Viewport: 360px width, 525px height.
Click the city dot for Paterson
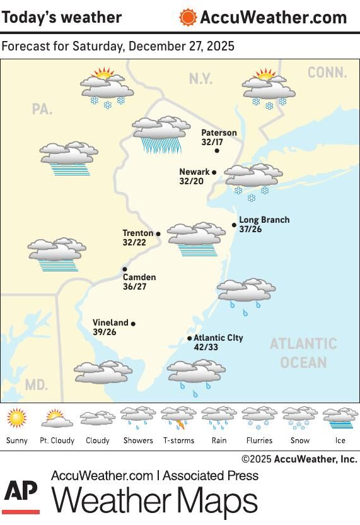click(x=217, y=150)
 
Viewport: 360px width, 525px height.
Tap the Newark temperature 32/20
click(x=191, y=181)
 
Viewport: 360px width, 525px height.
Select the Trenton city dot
click(x=158, y=233)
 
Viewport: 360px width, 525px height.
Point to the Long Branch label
click(x=264, y=220)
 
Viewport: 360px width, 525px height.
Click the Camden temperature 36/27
click(x=134, y=286)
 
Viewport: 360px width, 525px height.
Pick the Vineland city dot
click(x=133, y=324)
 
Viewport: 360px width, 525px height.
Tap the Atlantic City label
click(x=218, y=338)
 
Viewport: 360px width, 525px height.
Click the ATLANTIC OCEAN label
click(x=303, y=353)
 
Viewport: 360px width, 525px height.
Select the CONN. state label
click(x=327, y=73)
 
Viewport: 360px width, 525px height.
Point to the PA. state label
click(x=42, y=109)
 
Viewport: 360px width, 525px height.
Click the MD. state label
click(x=36, y=384)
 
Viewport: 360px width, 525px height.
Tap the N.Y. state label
click(x=200, y=79)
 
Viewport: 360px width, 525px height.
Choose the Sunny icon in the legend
click(x=16, y=418)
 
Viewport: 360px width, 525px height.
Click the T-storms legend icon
click(x=178, y=418)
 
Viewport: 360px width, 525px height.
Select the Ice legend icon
click(x=340, y=418)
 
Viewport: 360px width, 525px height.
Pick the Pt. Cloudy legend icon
click(x=57, y=418)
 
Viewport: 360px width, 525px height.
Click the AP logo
click(x=21, y=495)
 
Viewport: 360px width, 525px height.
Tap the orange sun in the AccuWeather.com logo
click(x=187, y=17)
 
